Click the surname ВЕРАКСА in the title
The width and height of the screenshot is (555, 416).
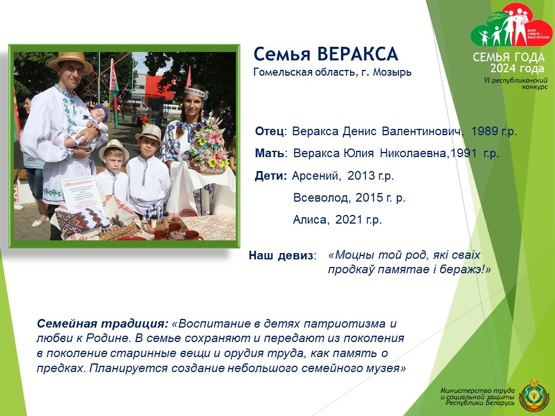click(x=357, y=54)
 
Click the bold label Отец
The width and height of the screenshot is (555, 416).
click(x=269, y=131)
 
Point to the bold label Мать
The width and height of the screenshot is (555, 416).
click(x=269, y=154)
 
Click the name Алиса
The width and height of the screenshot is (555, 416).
click(x=310, y=220)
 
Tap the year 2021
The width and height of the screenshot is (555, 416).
click(x=349, y=220)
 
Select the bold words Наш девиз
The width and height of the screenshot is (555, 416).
click(x=282, y=255)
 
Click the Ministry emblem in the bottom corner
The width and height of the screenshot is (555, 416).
click(x=534, y=395)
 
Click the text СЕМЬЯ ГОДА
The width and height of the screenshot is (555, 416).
click(x=509, y=57)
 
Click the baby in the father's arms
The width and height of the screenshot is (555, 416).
click(x=86, y=127)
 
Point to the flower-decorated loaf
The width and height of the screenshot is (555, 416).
click(x=209, y=148)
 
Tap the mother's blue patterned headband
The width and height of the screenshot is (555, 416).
click(x=196, y=92)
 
